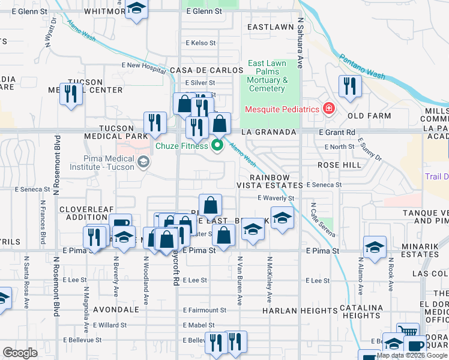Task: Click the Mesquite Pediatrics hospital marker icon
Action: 328,109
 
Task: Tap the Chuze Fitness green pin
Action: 217,145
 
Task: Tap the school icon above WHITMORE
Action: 137,8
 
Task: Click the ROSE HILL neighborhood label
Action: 340,164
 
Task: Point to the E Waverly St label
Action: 276,198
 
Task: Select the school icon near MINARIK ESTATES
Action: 375,246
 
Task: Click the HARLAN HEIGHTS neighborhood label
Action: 300,311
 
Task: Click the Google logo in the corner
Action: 20,353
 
